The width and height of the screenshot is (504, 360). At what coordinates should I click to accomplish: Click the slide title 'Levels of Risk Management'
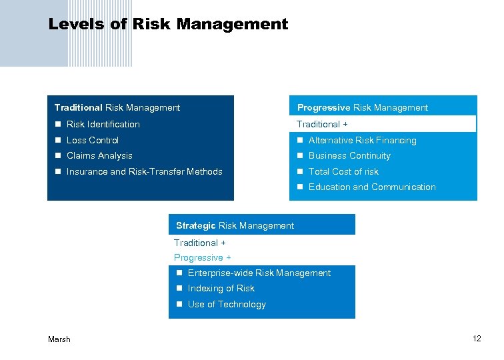pos(168,25)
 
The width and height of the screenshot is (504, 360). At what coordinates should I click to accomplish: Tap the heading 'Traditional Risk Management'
pos(117,107)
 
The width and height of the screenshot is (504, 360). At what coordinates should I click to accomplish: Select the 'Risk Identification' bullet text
pos(103,125)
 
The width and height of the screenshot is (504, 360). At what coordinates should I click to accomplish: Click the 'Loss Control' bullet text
pos(93,141)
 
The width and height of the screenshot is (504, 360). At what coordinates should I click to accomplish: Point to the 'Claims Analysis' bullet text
pos(99,156)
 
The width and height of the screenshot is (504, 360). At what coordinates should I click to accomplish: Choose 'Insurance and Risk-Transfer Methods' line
pos(145,172)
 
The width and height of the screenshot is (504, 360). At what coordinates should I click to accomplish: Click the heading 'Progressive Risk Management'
pos(363,108)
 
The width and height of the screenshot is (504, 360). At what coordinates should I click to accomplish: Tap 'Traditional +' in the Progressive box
pos(323,125)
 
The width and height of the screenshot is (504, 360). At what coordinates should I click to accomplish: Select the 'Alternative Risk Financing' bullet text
pos(362,141)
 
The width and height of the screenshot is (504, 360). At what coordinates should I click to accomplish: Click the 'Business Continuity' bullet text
pos(349,156)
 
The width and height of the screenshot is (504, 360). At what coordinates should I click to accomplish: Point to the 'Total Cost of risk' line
pos(343,172)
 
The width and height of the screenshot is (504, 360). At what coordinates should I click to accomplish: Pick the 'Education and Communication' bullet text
pos(372,187)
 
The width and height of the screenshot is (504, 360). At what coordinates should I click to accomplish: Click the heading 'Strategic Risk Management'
pos(235,226)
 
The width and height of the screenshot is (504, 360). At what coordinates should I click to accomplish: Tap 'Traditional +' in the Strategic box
pos(200,243)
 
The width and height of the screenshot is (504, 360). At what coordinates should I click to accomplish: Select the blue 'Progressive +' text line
pos(203,258)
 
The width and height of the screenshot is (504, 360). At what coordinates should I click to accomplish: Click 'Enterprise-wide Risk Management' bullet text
pos(259,273)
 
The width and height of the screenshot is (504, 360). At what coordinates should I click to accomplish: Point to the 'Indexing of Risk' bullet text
pos(221,289)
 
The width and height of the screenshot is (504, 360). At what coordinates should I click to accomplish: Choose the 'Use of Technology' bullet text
pos(227,305)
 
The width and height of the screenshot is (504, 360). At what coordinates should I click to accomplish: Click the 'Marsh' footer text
pos(59,339)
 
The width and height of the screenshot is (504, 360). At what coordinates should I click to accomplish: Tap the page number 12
pos(477,339)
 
